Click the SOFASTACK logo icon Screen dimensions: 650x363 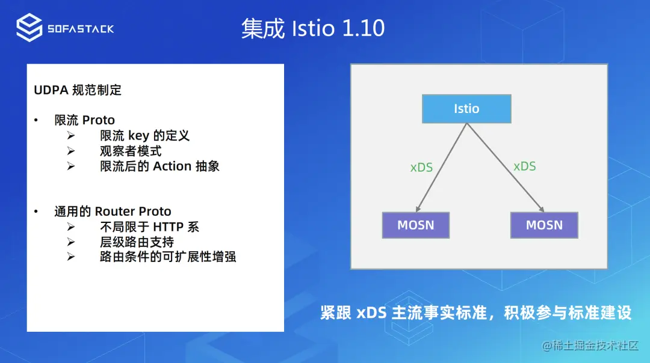[29, 28]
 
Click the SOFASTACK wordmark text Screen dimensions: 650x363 [81, 29]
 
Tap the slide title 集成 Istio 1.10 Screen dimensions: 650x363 [313, 28]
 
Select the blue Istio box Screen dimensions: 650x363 [466, 109]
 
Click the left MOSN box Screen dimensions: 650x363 [416, 225]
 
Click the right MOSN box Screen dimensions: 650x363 [544, 225]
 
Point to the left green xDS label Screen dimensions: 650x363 [421, 167]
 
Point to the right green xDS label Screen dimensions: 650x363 [524, 166]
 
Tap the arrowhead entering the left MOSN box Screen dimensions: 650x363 [418, 209]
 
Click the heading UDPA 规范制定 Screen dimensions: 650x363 [78, 90]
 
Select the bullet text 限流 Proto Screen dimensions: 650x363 [85, 120]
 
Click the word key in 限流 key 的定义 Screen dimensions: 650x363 [138, 136]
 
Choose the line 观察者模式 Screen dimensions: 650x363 [131, 151]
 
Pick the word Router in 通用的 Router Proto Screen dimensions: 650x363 [109, 212]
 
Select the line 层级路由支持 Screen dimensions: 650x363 [137, 242]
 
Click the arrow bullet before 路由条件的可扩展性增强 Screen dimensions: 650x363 [71, 257]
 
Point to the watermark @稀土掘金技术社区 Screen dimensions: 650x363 [590, 345]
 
